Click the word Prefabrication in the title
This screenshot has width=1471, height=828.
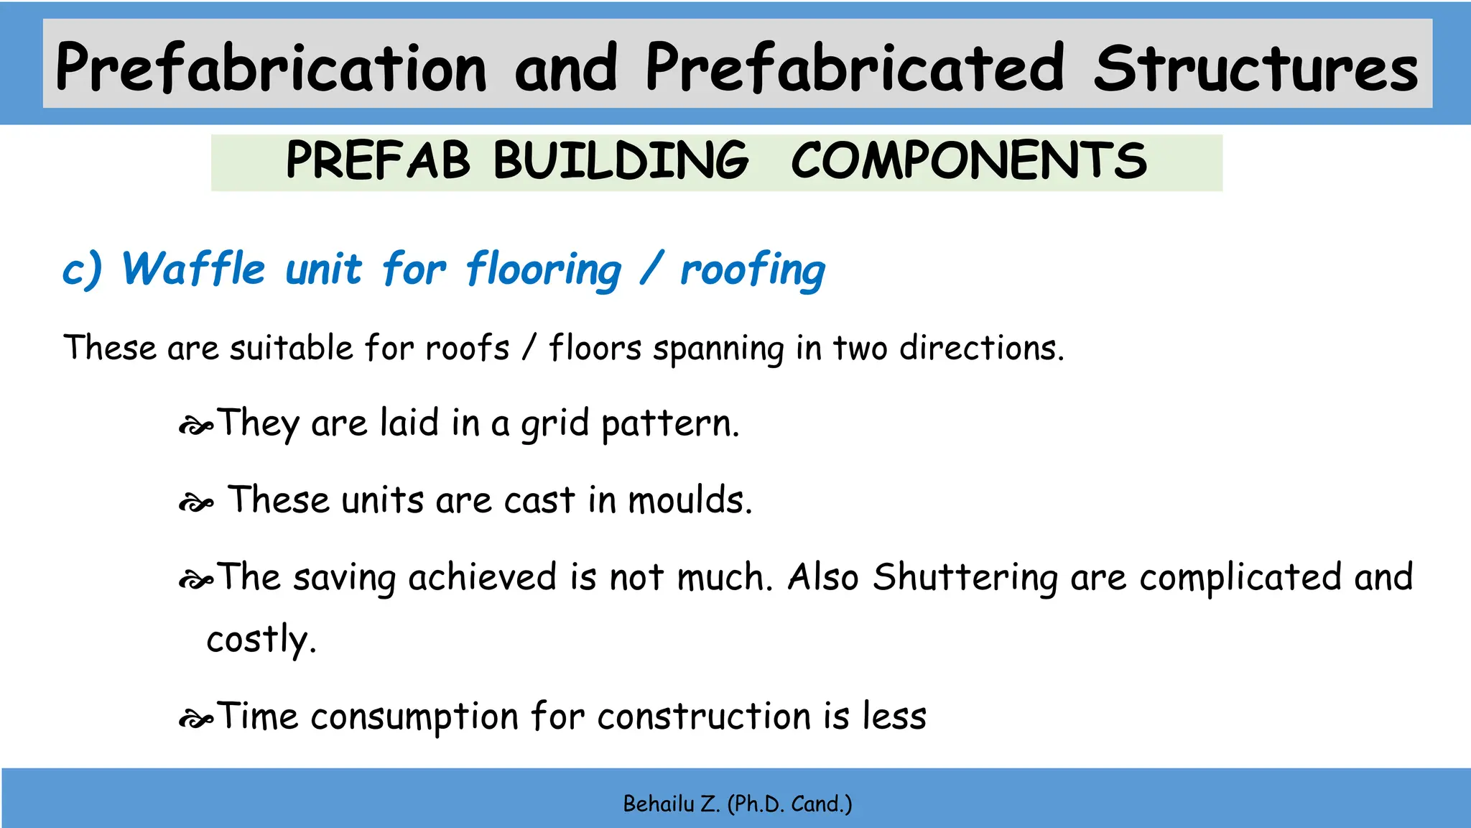click(x=271, y=68)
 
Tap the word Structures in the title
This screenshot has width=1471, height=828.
click(x=1256, y=68)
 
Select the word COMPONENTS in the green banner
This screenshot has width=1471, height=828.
click(x=968, y=161)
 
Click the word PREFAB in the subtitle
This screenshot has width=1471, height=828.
click(x=378, y=161)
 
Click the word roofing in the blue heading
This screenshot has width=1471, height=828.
click(x=753, y=271)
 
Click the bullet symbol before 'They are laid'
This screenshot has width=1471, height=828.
click(x=195, y=427)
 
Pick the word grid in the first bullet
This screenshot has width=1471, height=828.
click(x=554, y=424)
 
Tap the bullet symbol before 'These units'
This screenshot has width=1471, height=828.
click(x=195, y=504)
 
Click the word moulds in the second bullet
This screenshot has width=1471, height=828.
click(x=690, y=500)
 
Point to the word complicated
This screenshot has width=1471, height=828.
click(x=1240, y=578)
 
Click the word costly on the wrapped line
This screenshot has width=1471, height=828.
click(x=261, y=640)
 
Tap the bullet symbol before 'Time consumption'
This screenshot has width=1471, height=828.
click(x=195, y=719)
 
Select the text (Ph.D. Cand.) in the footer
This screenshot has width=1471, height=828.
click(x=789, y=804)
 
